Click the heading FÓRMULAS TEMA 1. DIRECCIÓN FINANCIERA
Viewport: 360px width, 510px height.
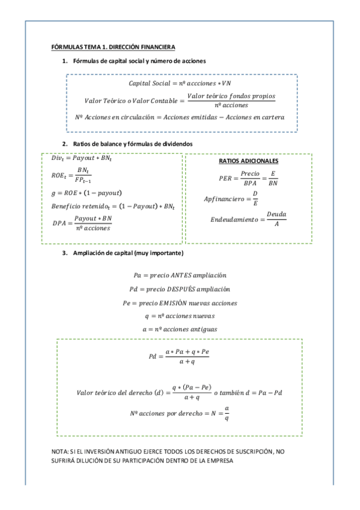(113, 47)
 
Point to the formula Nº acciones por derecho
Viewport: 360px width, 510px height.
(180, 413)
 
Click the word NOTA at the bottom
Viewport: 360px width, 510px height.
(61, 452)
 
